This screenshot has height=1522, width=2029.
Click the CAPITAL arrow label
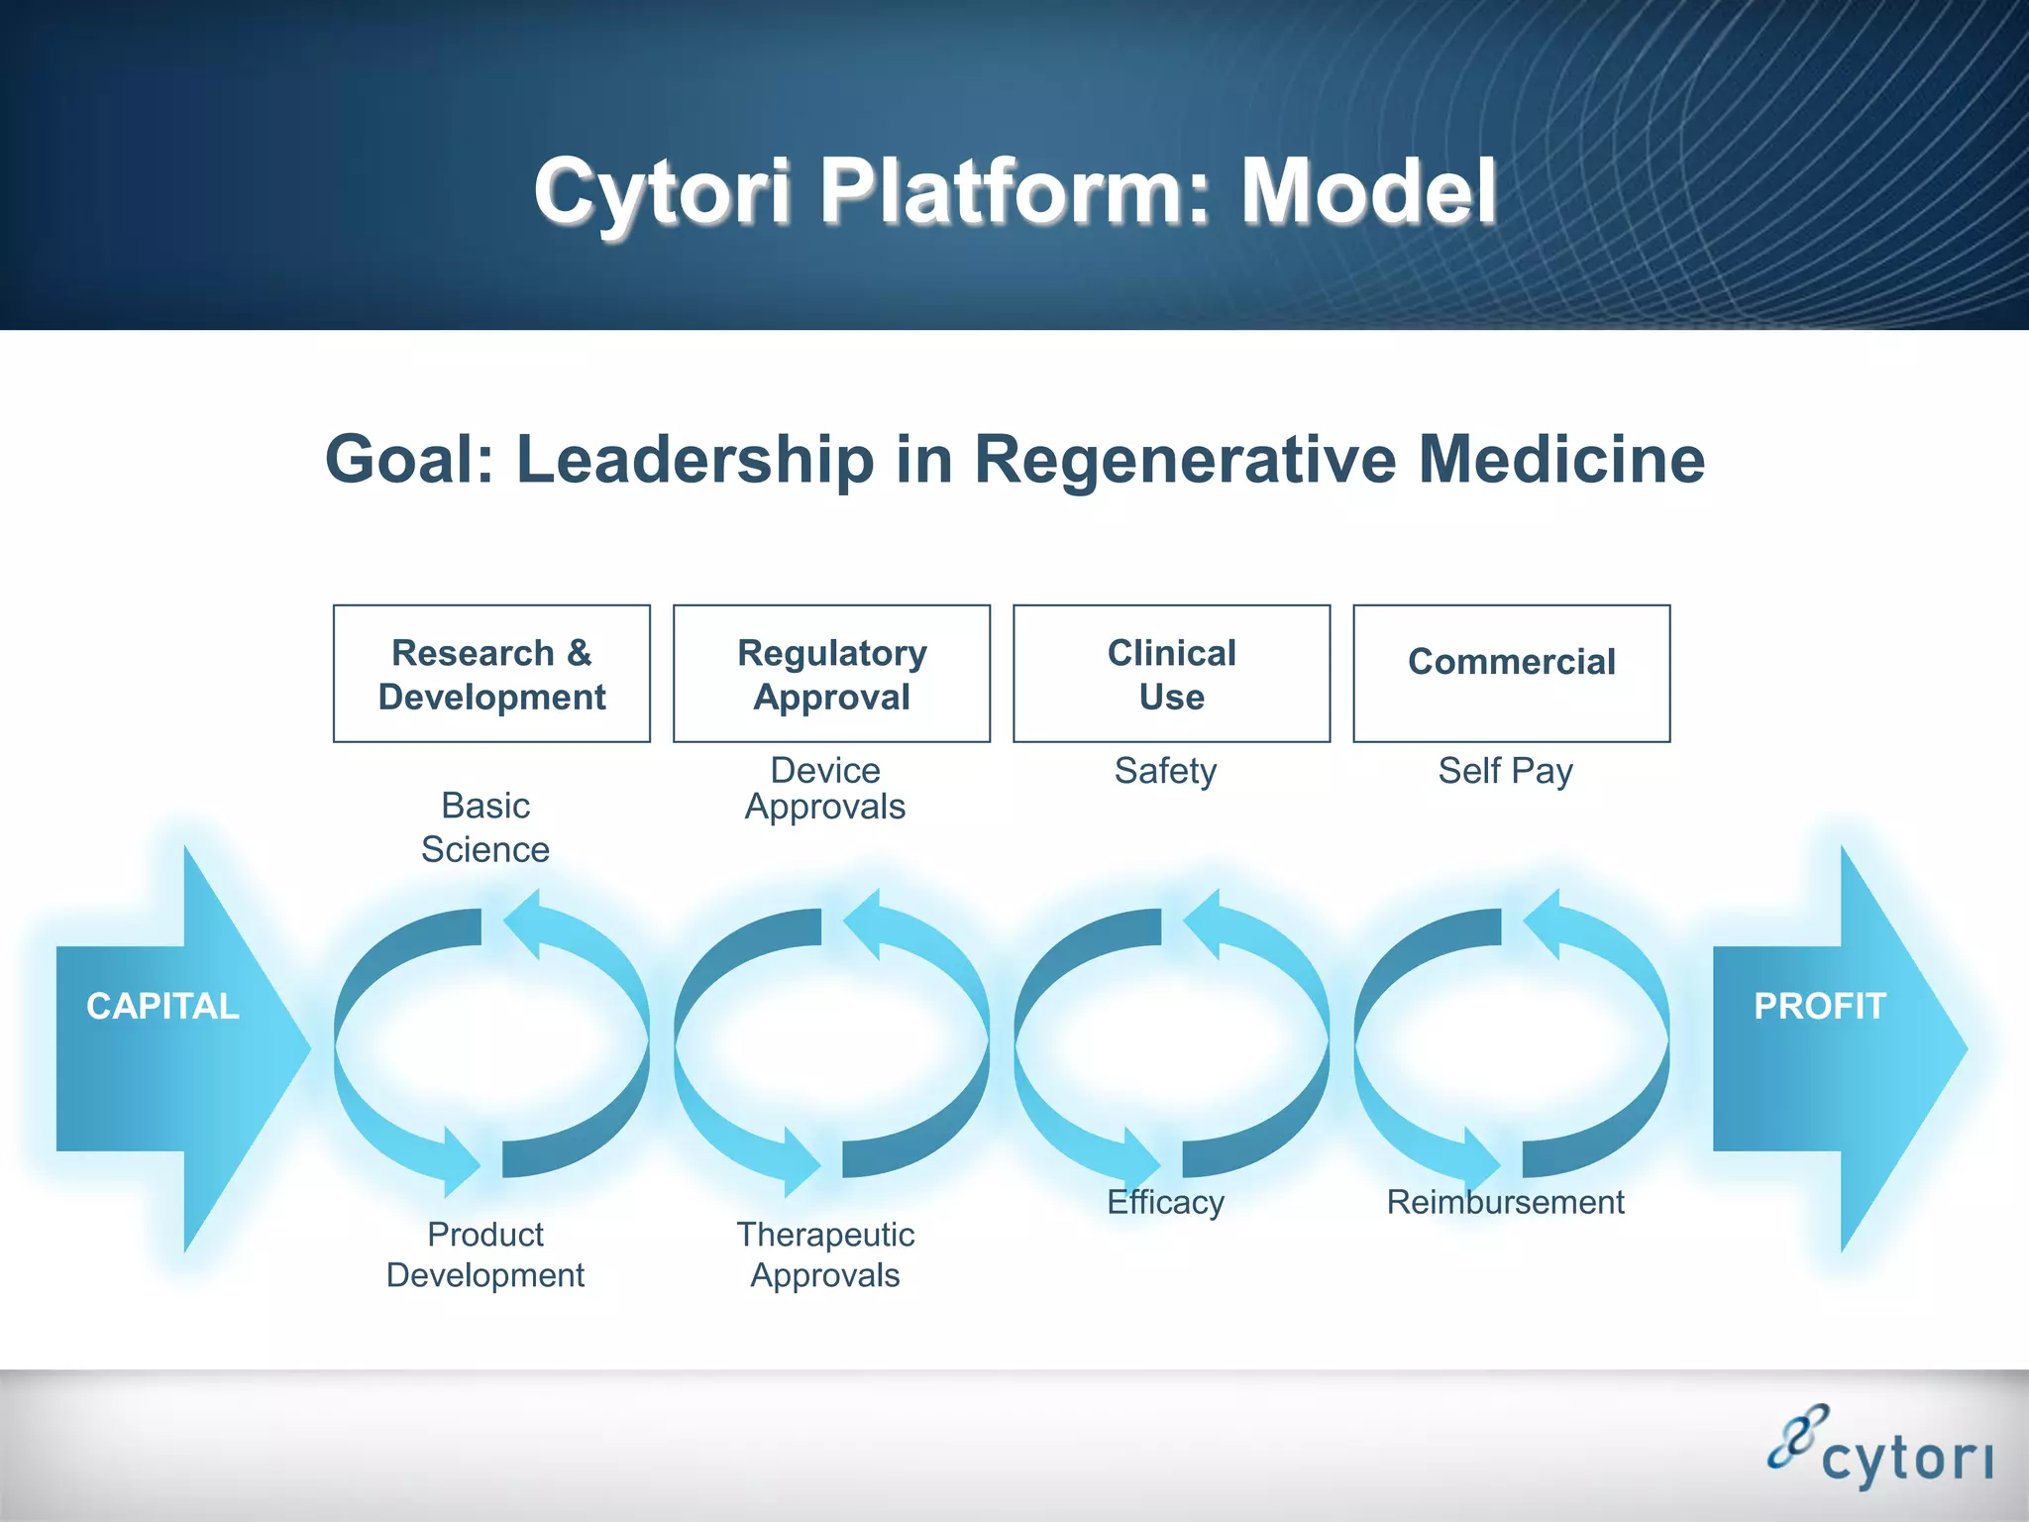(163, 1007)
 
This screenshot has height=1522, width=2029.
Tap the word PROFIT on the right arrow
(1819, 1007)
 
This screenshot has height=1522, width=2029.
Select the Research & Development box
(491, 674)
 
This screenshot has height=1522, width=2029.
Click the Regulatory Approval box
(831, 674)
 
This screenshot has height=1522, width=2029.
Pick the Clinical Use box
(1171, 674)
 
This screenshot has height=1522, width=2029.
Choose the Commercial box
(1511, 674)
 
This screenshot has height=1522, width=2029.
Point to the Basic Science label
(485, 827)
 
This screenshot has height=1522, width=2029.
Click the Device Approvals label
(825, 789)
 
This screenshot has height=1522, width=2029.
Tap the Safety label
(1165, 771)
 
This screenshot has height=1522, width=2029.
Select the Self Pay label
(1505, 771)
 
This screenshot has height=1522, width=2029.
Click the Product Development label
(485, 1254)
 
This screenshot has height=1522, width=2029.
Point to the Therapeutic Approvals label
(825, 1254)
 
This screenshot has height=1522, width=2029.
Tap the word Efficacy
(1165, 1202)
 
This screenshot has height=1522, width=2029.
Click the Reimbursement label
(1505, 1202)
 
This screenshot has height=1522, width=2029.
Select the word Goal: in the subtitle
(409, 460)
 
